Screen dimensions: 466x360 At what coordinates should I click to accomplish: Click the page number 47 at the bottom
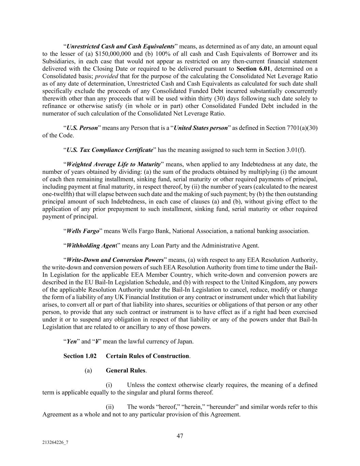click(180, 436)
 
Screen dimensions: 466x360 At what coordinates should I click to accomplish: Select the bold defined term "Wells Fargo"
click(83, 231)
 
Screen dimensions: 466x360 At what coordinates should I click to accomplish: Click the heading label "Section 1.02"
click(77, 356)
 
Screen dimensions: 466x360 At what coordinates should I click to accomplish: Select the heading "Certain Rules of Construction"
click(147, 356)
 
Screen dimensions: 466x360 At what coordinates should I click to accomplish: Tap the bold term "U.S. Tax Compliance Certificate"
click(110, 150)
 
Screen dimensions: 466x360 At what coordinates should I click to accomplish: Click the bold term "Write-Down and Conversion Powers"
click(115, 260)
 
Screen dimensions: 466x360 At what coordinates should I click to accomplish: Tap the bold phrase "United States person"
click(201, 128)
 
